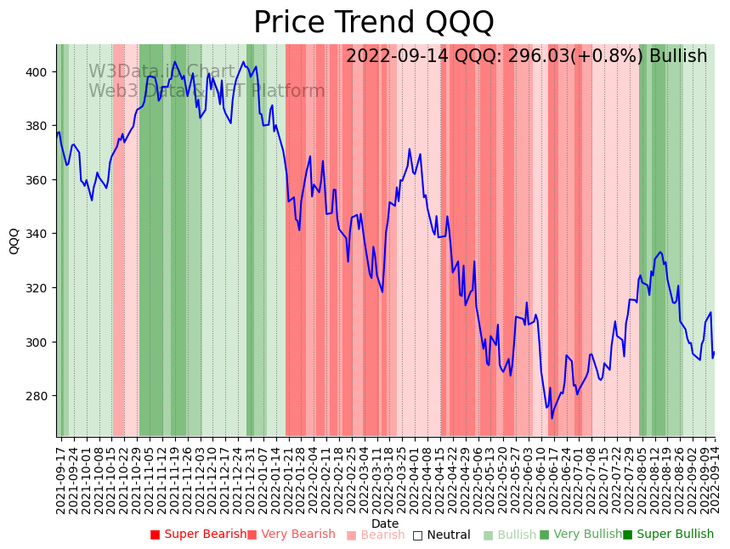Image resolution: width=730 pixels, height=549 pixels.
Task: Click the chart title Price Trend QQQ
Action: [x=373, y=22]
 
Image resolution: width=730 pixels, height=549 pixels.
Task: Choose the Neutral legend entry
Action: [x=448, y=535]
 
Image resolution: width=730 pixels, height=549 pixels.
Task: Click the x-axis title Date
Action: [x=385, y=524]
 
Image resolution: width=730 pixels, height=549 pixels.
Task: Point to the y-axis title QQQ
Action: [x=14, y=241]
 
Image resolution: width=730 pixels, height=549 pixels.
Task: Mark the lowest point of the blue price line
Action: [x=552, y=418]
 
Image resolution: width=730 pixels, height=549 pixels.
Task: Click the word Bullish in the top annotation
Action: [x=677, y=56]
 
